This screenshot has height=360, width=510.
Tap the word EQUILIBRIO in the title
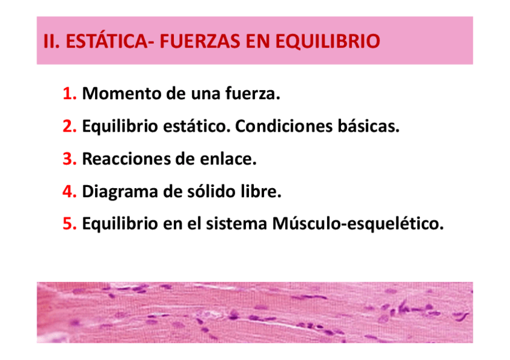click(x=328, y=42)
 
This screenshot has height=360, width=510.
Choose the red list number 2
click(x=69, y=126)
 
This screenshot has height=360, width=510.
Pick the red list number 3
click(x=69, y=159)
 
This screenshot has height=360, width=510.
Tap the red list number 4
click(x=69, y=191)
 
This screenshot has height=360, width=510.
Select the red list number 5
click(x=69, y=224)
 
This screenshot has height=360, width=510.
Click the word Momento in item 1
click(x=121, y=93)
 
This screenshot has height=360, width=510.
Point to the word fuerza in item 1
click(x=253, y=93)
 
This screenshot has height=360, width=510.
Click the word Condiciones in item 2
click(x=284, y=126)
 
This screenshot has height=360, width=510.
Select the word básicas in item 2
click(x=368, y=126)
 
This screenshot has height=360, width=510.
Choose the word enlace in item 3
click(x=228, y=159)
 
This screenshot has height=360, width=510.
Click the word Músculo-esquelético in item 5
click(x=358, y=224)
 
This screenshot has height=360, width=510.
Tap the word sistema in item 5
click(x=236, y=224)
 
